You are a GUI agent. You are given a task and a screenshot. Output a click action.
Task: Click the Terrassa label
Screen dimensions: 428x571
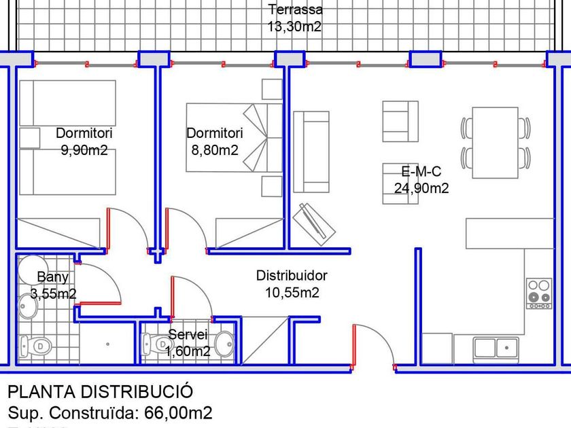click(x=295, y=10)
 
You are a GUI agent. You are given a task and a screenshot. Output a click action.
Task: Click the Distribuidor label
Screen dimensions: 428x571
click(x=292, y=276)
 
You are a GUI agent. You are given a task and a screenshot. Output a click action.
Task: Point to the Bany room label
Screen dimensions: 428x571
click(x=52, y=277)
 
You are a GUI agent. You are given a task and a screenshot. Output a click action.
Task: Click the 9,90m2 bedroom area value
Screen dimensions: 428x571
click(x=84, y=151)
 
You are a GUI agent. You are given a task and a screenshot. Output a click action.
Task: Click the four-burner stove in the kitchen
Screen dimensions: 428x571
click(x=540, y=293)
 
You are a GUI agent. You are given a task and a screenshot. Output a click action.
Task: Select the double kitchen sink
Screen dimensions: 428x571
click(x=496, y=346)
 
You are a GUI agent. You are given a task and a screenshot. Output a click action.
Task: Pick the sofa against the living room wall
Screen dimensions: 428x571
click(x=311, y=151)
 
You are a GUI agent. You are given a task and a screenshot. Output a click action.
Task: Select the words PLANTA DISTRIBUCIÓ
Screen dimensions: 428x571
click(x=100, y=392)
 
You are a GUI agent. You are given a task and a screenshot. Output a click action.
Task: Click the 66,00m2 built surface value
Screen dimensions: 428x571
click(x=179, y=412)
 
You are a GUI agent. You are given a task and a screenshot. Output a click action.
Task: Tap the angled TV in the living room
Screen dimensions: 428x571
click(x=314, y=224)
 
